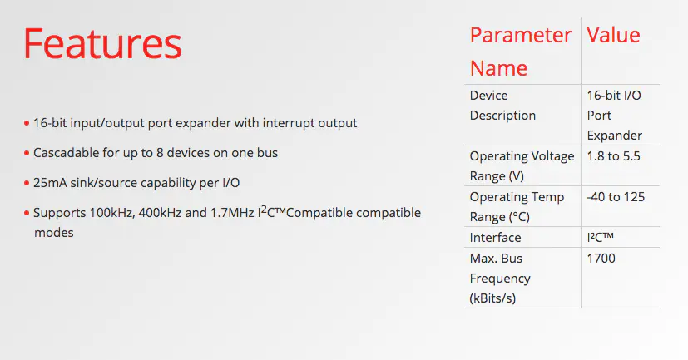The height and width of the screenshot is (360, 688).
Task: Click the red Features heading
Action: (x=102, y=43)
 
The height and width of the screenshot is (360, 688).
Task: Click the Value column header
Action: (x=613, y=35)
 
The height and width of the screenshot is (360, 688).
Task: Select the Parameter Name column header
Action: (x=521, y=52)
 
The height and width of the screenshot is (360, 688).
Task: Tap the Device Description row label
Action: (x=502, y=106)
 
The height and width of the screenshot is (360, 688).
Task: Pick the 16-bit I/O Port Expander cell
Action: (x=614, y=116)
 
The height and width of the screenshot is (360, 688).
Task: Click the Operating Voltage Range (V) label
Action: (x=522, y=166)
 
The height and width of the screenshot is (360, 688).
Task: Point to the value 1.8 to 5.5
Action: (x=613, y=156)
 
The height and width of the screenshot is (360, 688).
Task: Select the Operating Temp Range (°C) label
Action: (x=517, y=206)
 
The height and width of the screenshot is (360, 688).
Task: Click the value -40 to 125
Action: (x=616, y=197)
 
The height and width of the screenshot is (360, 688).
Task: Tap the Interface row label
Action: (x=495, y=237)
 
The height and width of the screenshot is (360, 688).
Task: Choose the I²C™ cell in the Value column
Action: (x=601, y=237)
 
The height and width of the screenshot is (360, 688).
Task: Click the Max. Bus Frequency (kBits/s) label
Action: (x=500, y=279)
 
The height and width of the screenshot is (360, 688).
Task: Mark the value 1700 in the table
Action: (x=601, y=259)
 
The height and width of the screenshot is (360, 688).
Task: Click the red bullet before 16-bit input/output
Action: (x=27, y=123)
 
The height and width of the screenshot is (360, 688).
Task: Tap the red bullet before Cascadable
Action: (x=27, y=154)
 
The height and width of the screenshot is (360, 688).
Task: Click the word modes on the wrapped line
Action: (x=54, y=233)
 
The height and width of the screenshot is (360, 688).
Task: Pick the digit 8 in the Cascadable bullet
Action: (x=161, y=153)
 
